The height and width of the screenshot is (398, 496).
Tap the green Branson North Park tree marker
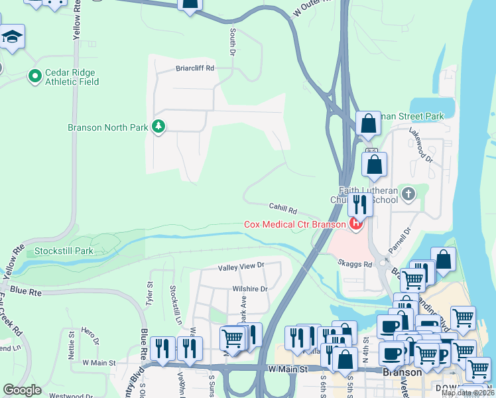point(158,126)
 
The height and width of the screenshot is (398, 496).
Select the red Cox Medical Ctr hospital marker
point(356,224)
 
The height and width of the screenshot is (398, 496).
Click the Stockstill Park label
point(64,251)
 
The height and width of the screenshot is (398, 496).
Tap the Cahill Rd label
point(282,209)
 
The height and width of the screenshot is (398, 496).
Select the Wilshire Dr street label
point(249,289)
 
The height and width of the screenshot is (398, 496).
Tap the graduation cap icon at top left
point(12,36)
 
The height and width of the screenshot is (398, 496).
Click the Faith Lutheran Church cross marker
point(408,194)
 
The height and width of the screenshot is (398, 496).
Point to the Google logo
point(22,390)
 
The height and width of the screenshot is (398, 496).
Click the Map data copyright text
point(467,393)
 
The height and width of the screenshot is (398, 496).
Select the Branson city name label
point(403,372)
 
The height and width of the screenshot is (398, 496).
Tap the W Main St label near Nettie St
point(99,363)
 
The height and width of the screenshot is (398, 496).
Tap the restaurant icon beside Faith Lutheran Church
point(360,203)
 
